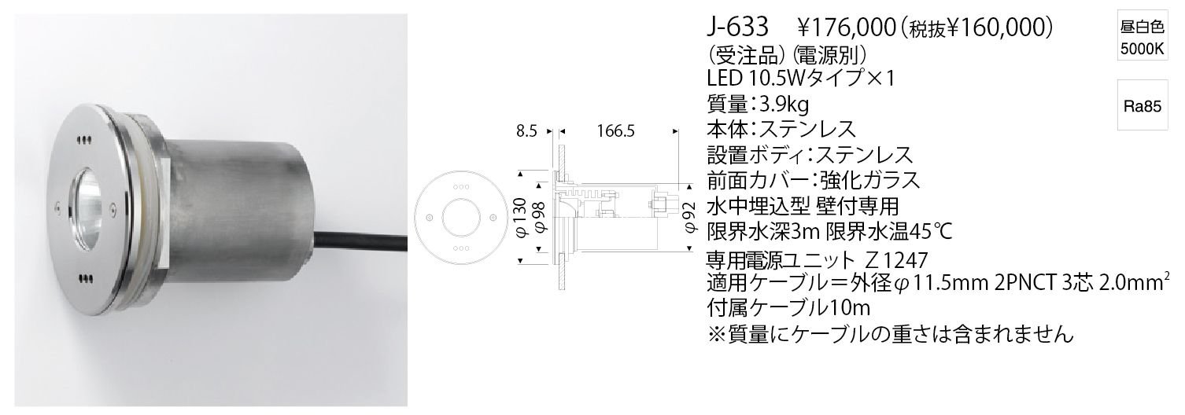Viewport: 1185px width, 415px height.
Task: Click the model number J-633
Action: (738, 28)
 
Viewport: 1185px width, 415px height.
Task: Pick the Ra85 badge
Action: (1143, 107)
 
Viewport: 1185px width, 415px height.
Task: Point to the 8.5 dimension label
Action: (527, 131)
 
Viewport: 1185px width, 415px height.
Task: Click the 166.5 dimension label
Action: (616, 131)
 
